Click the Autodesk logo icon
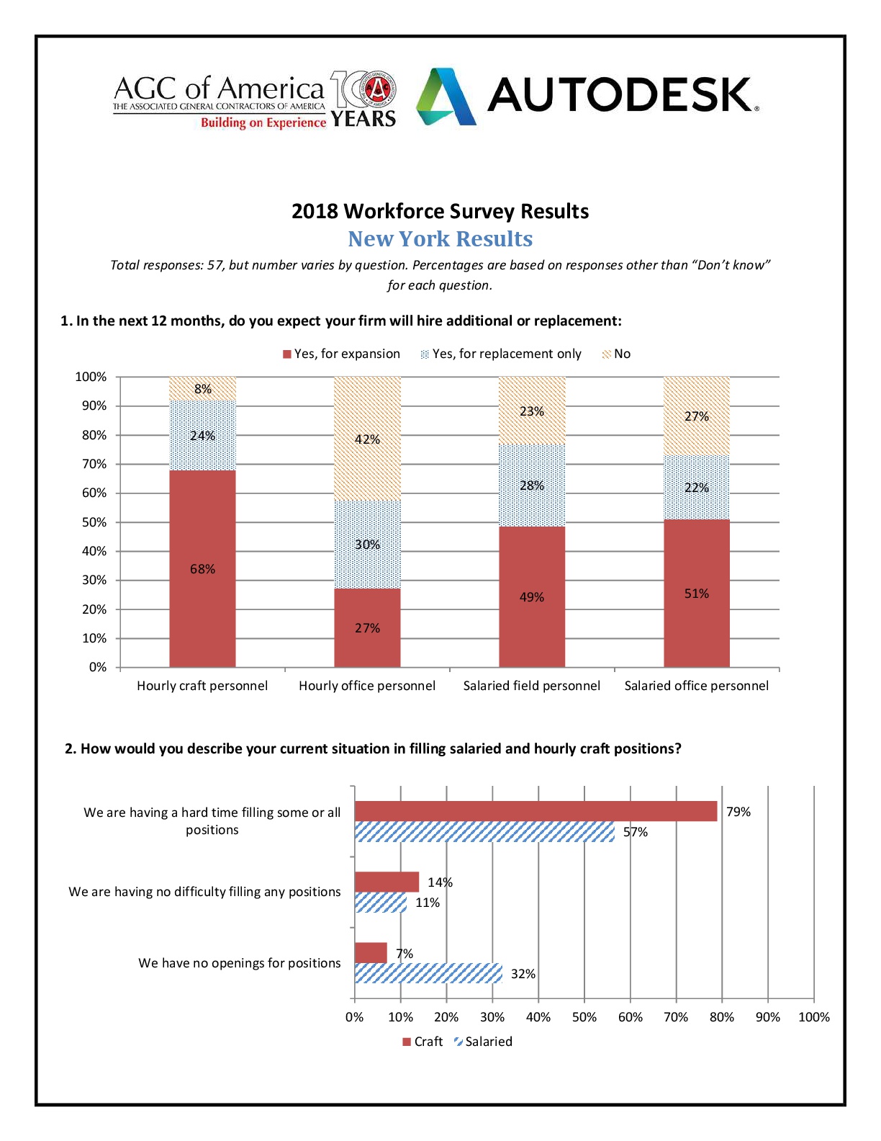[x=446, y=97]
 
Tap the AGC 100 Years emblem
[x=363, y=99]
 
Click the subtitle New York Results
[x=440, y=238]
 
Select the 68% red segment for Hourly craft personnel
[x=202, y=568]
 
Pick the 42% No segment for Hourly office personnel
[x=367, y=439]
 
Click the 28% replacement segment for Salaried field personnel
[x=532, y=485]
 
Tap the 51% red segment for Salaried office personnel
[x=696, y=593]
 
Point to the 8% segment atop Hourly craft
[x=202, y=388]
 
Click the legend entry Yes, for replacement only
[x=501, y=354]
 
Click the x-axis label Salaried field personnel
[x=531, y=686]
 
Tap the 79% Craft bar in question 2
[x=536, y=811]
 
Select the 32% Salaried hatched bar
[x=428, y=973]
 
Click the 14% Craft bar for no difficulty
[x=387, y=882]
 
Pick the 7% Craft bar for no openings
[x=371, y=953]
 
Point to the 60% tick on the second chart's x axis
[x=630, y=1017]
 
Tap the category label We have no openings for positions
[x=239, y=963]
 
